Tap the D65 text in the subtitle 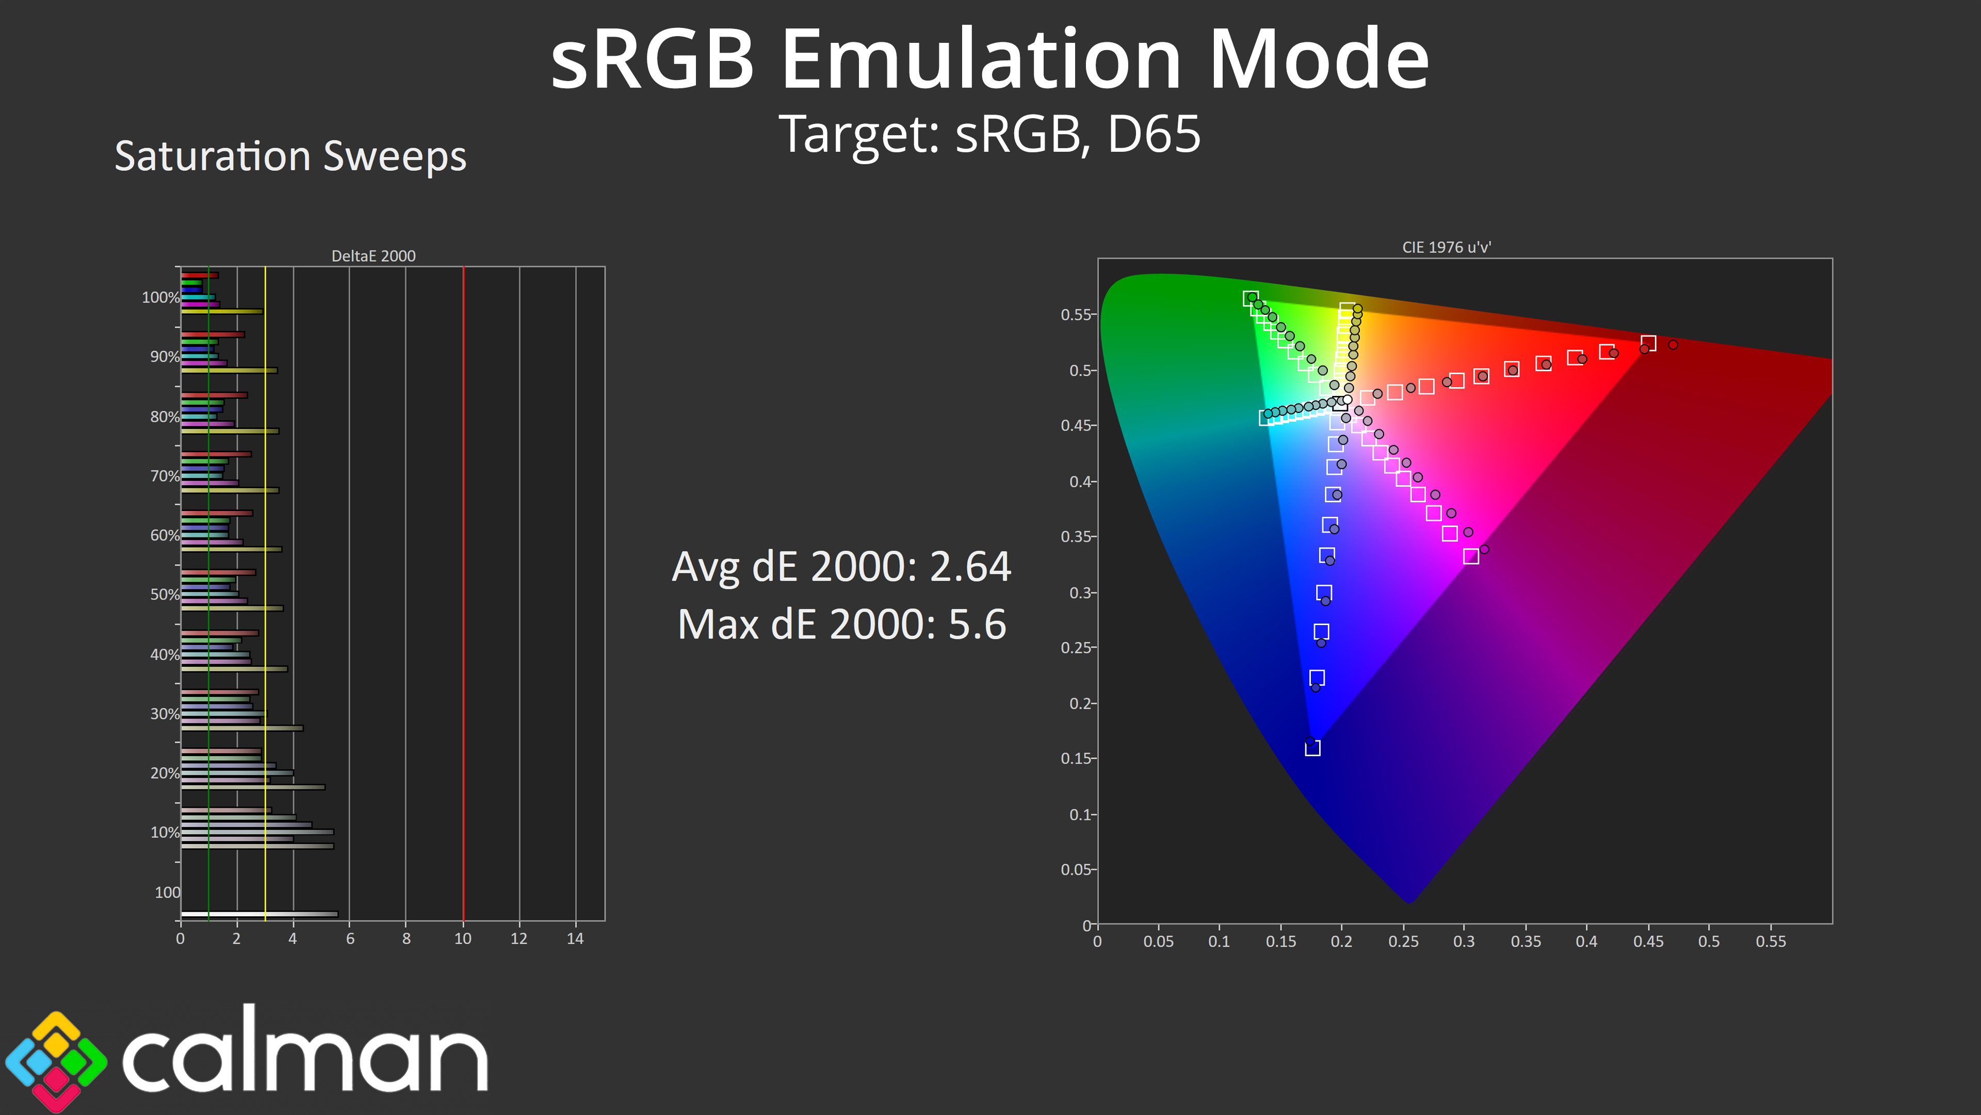click(x=1154, y=134)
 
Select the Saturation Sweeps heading click(x=290, y=156)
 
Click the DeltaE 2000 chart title click(x=374, y=256)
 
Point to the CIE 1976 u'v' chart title click(x=1447, y=247)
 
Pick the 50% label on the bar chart click(x=165, y=594)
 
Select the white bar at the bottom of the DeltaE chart click(x=259, y=914)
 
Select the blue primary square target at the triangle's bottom click(x=1313, y=748)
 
